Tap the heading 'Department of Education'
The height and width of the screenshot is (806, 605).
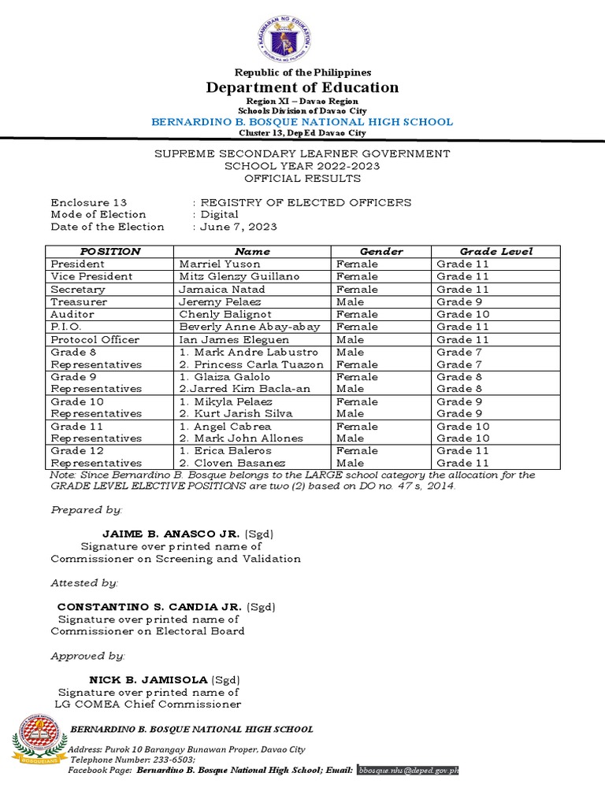point(302,87)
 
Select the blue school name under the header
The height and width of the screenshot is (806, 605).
point(302,122)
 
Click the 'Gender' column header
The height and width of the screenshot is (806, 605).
point(381,252)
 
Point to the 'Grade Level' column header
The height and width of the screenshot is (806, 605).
point(496,252)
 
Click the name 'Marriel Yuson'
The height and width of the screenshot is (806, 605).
point(209,264)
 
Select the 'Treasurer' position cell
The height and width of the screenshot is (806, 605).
point(79,302)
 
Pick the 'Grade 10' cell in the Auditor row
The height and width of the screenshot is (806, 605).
point(462,314)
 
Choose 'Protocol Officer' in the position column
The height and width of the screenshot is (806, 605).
point(95,339)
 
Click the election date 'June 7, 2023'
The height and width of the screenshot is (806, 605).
point(238,227)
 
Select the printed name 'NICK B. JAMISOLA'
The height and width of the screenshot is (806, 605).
point(148,679)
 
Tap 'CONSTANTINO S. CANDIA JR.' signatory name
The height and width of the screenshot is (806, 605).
point(150,607)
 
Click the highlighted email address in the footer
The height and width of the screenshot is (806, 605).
point(408,770)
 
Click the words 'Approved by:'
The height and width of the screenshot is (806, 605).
point(87,656)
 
